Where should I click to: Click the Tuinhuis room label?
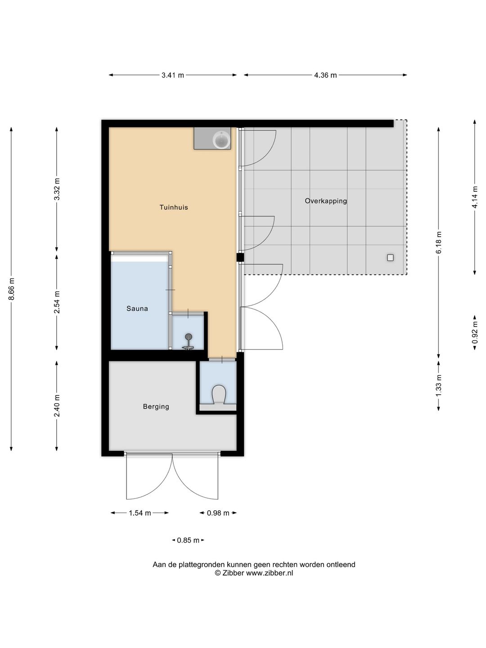174,207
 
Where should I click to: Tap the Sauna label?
137,309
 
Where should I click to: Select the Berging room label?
156,407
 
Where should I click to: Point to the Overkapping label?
326,201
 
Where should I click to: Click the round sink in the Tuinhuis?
221,139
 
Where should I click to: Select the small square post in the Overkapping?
391,258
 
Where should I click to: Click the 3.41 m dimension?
173,75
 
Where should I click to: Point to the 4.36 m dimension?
325,75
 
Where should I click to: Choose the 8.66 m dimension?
11,289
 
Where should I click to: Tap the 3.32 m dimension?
57,189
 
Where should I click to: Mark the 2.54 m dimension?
57,302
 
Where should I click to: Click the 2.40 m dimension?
57,406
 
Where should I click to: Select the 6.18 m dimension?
438,243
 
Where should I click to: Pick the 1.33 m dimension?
438,386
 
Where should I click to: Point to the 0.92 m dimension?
475,333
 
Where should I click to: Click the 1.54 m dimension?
139,513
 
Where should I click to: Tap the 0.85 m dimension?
188,540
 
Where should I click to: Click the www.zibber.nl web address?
270,573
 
